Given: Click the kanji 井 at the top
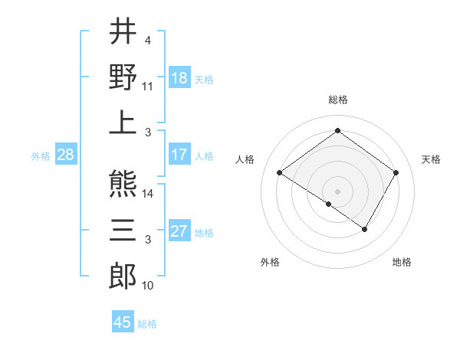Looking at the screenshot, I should pos(123,31).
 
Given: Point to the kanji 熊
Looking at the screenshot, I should pos(123,184).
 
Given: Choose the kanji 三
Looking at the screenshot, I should pos(123,229).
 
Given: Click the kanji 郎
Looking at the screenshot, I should pos(123,274).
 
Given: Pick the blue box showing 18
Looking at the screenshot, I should pos(179,78).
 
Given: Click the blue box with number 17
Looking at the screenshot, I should pos(179,155).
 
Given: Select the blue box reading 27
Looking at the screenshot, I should pos(179,231).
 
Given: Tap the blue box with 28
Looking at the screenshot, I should pos(66,155).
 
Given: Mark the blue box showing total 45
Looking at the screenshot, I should pos(123,322).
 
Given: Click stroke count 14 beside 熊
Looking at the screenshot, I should pos(149,195).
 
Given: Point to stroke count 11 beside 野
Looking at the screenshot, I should pos(148,87).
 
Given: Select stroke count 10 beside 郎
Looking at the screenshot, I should pos(148,286).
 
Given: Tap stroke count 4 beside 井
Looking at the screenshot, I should pos(147,40).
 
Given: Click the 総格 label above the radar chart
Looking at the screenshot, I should pos(337,100).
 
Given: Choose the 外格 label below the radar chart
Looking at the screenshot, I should pos(270,263).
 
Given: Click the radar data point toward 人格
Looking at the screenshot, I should pos(280,173).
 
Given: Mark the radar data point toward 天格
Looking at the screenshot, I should pos(396,173).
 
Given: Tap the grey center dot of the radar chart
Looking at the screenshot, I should pos(337,191).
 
